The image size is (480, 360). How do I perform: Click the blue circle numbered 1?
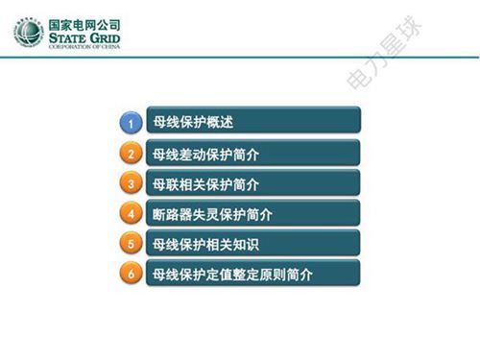[x=132, y=123]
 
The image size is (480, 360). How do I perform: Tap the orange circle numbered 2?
[x=132, y=154]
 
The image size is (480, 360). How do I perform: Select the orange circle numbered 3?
[x=132, y=183]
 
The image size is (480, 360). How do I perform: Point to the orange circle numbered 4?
[x=132, y=214]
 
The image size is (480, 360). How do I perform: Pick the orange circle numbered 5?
[x=132, y=244]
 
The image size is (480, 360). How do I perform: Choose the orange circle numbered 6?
[x=132, y=275]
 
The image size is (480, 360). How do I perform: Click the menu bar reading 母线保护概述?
[x=253, y=122]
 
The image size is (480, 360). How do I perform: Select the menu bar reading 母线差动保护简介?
[x=253, y=154]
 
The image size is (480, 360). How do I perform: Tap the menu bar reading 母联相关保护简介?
[x=253, y=183]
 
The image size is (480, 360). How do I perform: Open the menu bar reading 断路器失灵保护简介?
[x=253, y=214]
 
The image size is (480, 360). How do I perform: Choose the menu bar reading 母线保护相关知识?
[x=253, y=244]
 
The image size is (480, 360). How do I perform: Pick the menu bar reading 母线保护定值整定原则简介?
[x=253, y=275]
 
